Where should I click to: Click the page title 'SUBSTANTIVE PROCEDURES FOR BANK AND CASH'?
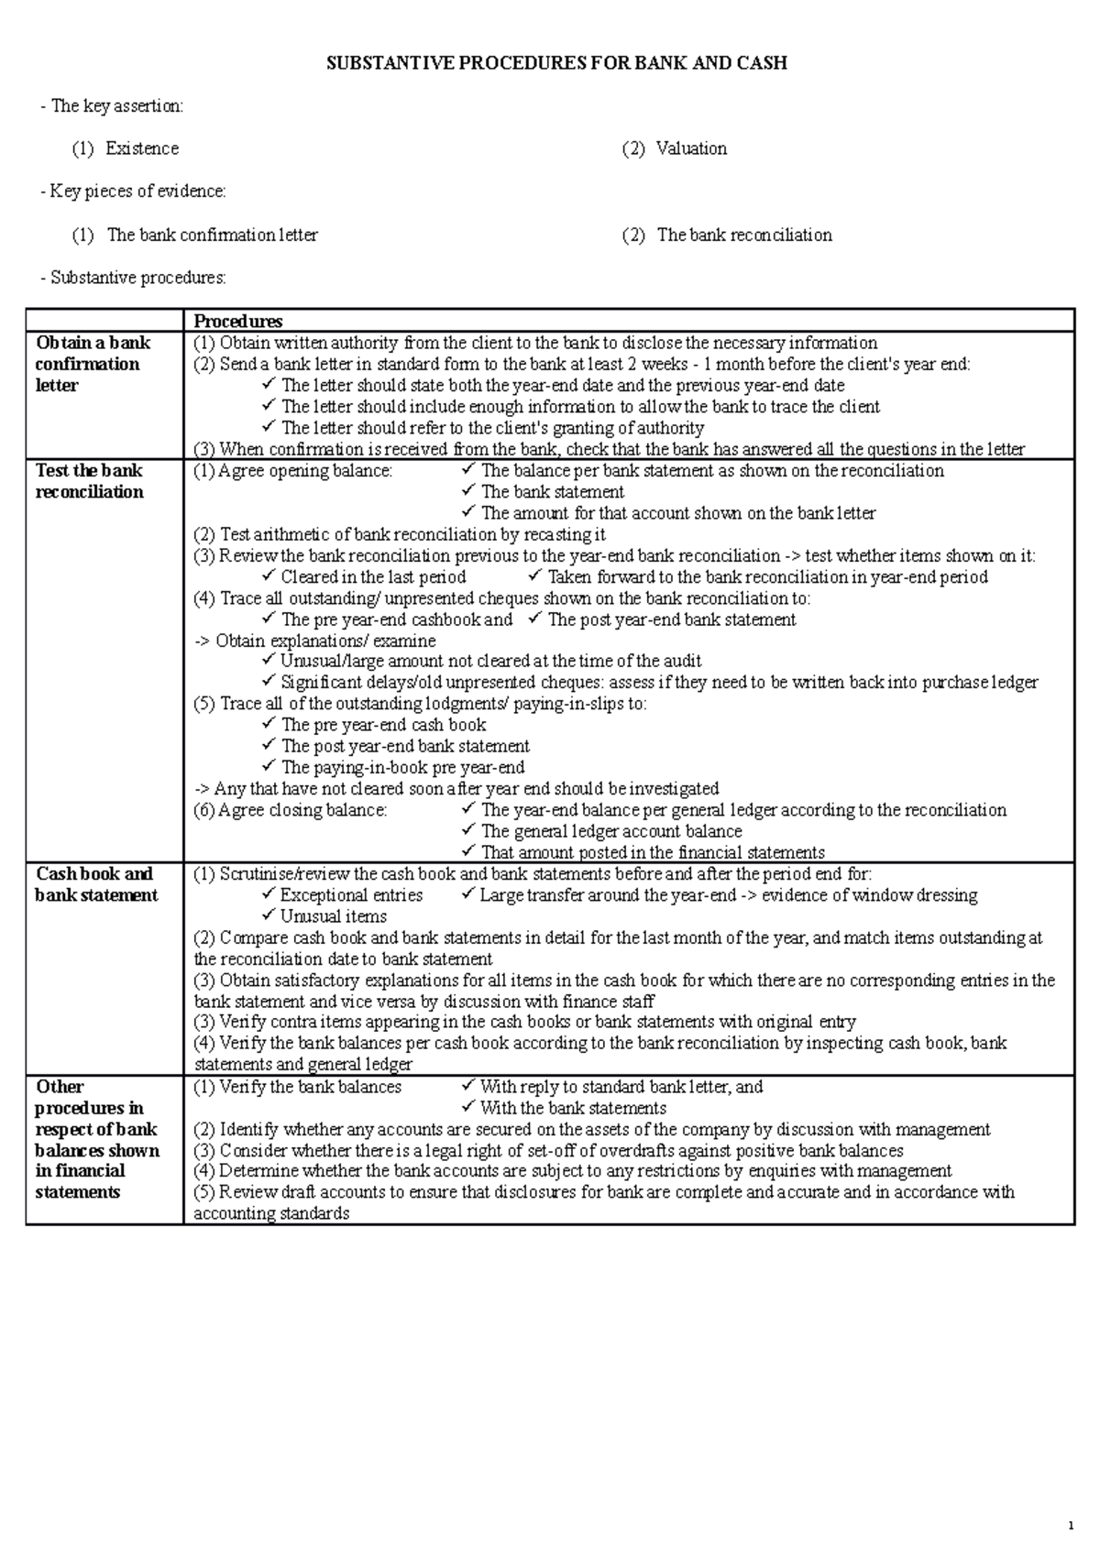pos(557,63)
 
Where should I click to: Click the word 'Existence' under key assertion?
pos(142,148)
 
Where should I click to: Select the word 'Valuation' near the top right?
pos(691,148)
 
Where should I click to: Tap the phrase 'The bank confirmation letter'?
pos(212,235)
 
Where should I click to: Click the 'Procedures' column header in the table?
pos(237,321)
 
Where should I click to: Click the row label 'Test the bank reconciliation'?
pos(89,481)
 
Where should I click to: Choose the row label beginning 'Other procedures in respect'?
pos(95,1139)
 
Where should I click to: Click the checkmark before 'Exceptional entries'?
pos(268,894)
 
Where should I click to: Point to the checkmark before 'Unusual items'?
pos(268,915)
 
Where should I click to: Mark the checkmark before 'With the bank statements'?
pos(468,1108)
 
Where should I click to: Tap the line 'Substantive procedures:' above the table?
pos(137,278)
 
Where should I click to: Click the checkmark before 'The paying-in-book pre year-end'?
pos(268,767)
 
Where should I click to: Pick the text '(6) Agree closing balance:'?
pos(291,810)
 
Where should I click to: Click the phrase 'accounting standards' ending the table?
pos(271,1213)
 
